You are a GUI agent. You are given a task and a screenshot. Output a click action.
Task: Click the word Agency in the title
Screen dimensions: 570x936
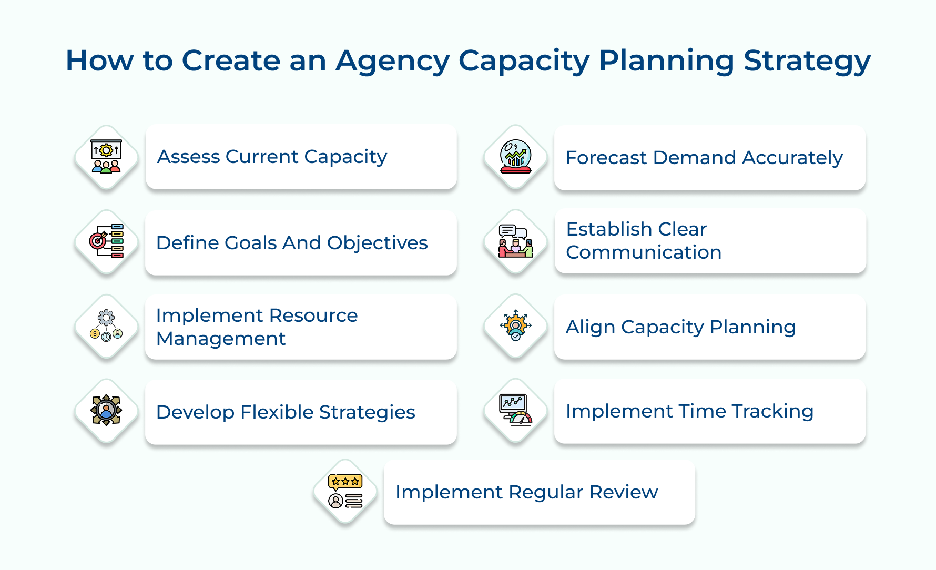[392, 61]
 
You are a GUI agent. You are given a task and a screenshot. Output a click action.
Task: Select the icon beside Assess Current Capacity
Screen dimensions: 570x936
[106, 157]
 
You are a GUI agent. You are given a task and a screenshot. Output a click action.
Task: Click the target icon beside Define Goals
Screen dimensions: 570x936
[106, 241]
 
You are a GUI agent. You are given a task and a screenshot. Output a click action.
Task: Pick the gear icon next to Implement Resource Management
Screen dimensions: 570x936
[106, 326]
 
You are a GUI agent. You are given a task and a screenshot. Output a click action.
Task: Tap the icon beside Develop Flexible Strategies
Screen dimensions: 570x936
[106, 411]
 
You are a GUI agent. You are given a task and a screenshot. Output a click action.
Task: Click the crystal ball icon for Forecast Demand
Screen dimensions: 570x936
[515, 157]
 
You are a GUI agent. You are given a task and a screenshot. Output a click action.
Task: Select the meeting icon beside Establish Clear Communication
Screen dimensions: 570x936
[515, 241]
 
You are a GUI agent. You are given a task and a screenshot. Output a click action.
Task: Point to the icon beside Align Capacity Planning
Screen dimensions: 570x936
[515, 326]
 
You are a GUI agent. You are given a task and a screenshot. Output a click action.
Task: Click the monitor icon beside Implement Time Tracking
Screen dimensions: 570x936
[515, 410]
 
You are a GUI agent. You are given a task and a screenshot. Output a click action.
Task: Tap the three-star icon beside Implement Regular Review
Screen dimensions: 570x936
[345, 491]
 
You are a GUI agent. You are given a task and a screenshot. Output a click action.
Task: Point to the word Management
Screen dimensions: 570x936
[221, 339]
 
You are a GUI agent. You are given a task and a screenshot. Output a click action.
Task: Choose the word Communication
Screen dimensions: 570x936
[643, 252]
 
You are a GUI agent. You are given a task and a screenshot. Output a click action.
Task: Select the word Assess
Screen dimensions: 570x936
[188, 157]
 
